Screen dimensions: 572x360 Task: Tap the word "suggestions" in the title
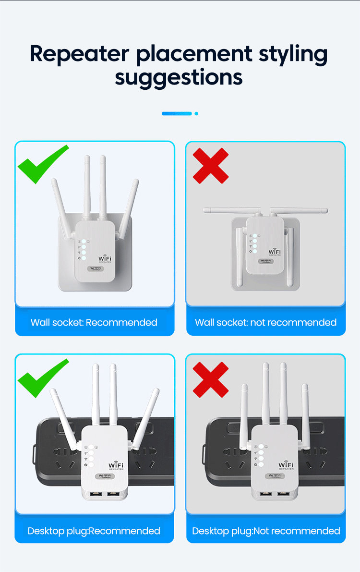179,77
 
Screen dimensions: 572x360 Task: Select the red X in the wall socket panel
211,166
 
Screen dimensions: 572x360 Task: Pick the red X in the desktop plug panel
210,379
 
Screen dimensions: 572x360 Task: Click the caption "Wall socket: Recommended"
94,322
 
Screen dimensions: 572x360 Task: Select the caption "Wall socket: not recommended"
265,322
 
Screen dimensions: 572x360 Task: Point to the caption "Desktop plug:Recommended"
94,531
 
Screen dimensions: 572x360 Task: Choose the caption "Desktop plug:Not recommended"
266,531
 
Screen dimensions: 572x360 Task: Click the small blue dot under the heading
196,114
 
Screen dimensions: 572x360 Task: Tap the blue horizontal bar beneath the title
177,114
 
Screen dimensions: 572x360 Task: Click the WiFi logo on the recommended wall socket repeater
105,259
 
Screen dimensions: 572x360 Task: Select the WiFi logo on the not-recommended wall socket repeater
275,252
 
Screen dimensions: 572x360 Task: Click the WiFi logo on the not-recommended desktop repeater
286,465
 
